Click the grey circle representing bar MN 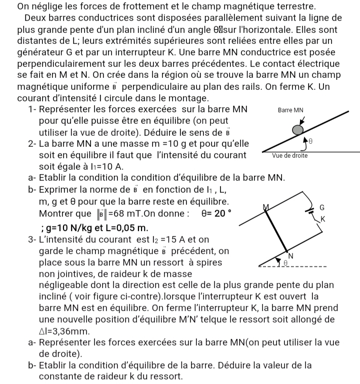click(297, 130)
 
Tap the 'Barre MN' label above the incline click(290, 110)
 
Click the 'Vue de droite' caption click(289, 156)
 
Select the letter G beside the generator click(321, 206)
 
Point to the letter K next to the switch click(322, 219)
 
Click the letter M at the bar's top click(265, 207)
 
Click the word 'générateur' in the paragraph click(40, 53)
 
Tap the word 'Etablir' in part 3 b click(54, 366)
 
